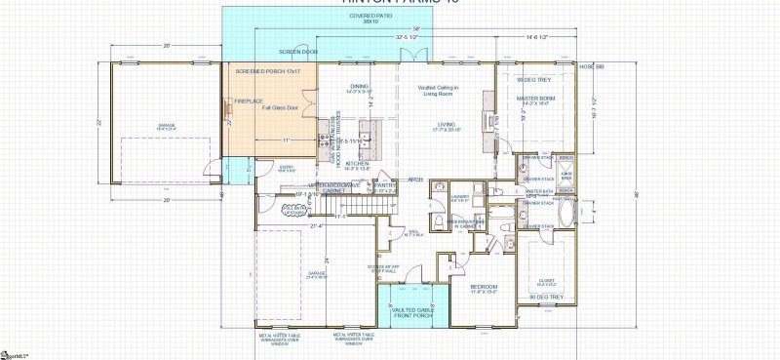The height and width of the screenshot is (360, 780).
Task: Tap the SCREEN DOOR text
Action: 298,51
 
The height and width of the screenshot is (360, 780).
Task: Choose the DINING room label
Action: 359,87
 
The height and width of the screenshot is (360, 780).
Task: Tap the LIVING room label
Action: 447,125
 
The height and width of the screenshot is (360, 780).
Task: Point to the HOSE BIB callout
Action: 592,67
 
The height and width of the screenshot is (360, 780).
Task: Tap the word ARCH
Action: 414,180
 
